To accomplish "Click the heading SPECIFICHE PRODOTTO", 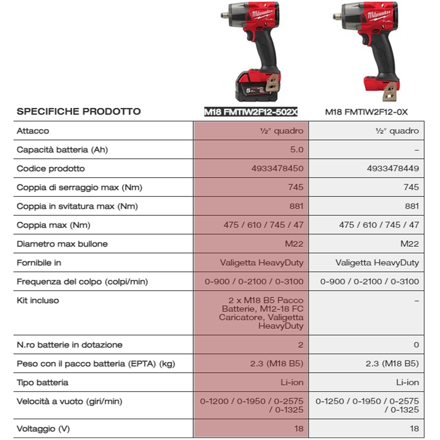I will click(79, 111).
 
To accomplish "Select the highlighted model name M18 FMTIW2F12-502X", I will click(251, 112).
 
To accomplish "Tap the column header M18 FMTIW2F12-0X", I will click(366, 112).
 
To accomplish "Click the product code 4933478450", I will click(277, 168).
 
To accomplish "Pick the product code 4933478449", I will click(393, 168).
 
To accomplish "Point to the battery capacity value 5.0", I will click(297, 150).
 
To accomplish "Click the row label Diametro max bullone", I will click(62, 244).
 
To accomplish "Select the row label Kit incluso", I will click(38, 300).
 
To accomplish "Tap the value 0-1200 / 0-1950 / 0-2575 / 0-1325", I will click(252, 405).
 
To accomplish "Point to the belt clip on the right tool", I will click(391, 92).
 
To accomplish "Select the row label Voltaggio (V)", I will click(43, 429).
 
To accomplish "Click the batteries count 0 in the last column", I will click(416, 345).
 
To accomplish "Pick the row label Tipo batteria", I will click(42, 383).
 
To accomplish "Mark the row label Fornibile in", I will click(39, 263).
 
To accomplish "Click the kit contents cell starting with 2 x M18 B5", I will click(262, 313).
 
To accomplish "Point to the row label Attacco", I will click(33, 131).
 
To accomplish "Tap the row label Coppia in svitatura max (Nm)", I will click(77, 206).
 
